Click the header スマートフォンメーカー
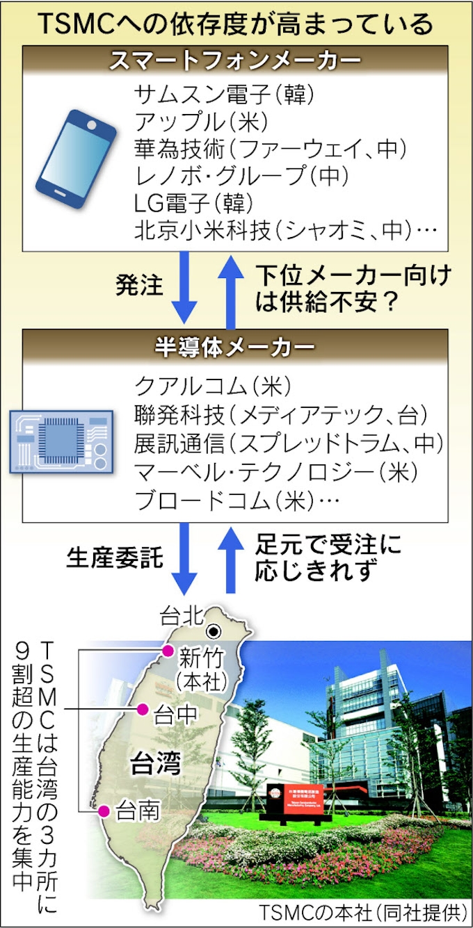[236, 60]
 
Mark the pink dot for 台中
[142, 710]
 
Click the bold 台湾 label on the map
[156, 765]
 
